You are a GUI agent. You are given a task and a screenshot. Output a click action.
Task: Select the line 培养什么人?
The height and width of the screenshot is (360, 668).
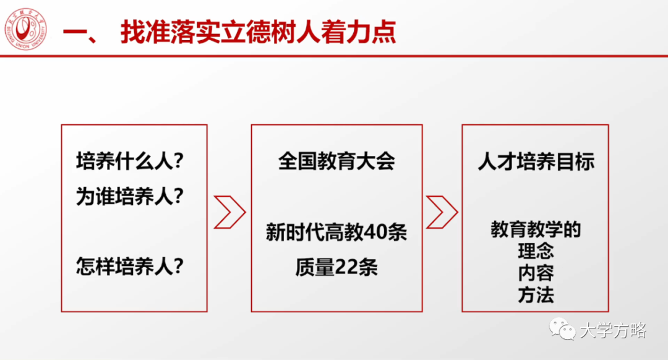coord(131,162)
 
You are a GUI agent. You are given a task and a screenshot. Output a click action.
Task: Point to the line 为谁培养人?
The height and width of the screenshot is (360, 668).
coord(131,197)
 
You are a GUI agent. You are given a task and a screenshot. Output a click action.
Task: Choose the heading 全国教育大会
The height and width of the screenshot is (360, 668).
coord(336,162)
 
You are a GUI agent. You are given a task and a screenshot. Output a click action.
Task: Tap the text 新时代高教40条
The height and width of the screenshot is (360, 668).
coord(336,233)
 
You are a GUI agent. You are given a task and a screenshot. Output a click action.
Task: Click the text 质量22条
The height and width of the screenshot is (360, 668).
coord(336,267)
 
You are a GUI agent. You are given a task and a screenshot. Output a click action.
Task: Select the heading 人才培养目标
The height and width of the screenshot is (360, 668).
coord(536,162)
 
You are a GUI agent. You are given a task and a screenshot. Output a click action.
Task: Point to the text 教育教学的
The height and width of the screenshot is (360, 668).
coord(536,230)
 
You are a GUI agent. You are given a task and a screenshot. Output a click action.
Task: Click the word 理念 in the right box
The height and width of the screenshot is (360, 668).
coord(536,252)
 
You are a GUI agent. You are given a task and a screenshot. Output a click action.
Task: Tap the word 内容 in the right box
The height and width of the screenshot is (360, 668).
coord(536,273)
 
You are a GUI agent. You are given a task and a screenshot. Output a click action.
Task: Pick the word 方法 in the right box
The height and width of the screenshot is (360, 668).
coord(536,295)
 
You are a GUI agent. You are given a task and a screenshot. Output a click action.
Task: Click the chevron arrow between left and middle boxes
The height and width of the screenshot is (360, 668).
coord(229,212)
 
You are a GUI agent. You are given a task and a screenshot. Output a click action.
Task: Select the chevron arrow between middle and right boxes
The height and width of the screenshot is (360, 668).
coord(442,212)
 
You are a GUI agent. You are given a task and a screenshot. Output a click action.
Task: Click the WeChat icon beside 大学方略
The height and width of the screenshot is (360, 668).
coord(563,330)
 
